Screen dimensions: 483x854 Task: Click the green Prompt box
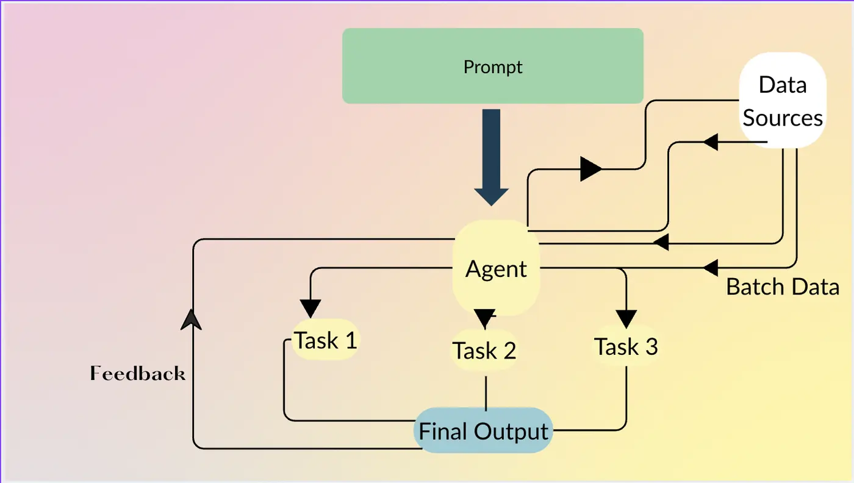click(x=492, y=66)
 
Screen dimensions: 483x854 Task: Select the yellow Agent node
click(x=496, y=268)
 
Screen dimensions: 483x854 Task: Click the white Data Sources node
click(x=783, y=101)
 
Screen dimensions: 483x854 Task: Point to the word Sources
click(x=783, y=118)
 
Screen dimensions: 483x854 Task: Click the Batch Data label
click(x=783, y=287)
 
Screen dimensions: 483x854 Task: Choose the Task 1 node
click(x=325, y=340)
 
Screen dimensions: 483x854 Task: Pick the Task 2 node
click(x=484, y=350)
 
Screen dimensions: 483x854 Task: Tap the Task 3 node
click(x=626, y=346)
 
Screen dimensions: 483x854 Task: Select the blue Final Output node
click(x=484, y=431)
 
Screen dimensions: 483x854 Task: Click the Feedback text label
click(x=138, y=373)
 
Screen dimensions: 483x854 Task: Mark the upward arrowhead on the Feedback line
click(x=192, y=319)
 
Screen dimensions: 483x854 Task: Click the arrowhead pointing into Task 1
click(x=311, y=309)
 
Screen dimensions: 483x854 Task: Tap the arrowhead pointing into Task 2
click(x=484, y=318)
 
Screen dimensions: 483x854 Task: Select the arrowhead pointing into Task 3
click(x=626, y=318)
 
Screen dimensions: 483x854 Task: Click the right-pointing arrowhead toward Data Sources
click(x=590, y=169)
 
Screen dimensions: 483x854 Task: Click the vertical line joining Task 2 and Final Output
click(x=486, y=393)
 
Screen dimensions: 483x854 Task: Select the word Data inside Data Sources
click(x=783, y=85)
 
